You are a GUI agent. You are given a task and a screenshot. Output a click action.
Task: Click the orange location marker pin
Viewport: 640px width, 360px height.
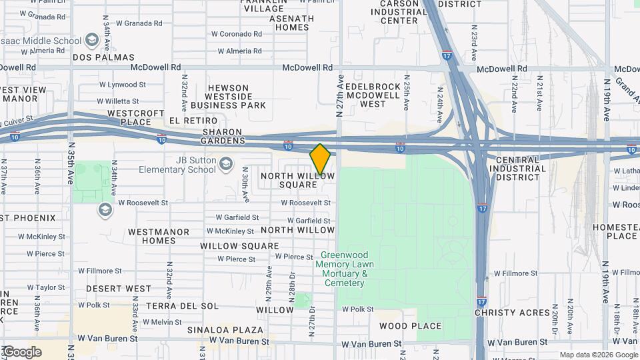coord(321,159)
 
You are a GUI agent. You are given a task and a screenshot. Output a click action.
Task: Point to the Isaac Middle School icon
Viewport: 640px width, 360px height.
coord(91,41)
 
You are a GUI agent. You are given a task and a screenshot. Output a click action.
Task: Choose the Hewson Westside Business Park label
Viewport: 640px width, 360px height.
coord(228,97)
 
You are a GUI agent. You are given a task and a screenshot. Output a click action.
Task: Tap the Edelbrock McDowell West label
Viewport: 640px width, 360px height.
coord(373,95)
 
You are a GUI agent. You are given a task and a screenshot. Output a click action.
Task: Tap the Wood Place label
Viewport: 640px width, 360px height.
coord(410,326)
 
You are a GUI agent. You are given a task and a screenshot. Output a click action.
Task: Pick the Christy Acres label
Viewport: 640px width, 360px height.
coord(513,313)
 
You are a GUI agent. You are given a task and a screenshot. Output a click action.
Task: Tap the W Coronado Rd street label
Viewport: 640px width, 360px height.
coord(236,34)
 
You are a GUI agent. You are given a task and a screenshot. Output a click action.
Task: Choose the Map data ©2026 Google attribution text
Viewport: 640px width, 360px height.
coord(598,355)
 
